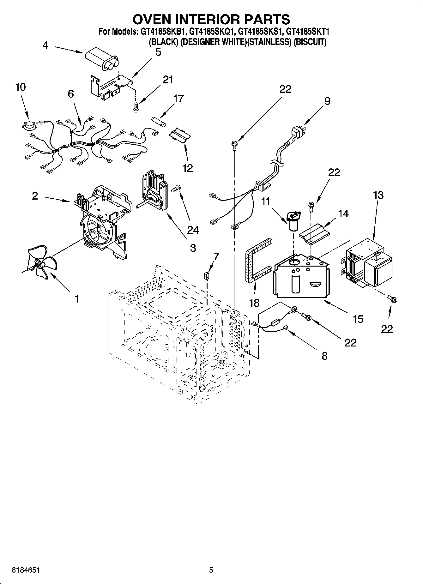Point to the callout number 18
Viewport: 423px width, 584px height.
(254, 303)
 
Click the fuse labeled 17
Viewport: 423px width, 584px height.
(158, 122)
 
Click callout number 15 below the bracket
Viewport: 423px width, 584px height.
(358, 319)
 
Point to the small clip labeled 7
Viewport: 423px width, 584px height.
(207, 276)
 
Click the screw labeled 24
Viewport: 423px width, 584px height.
(176, 189)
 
